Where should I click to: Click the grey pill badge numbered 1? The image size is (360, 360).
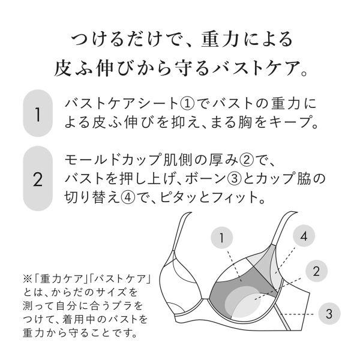coord(38,113)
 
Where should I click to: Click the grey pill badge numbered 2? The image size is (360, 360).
coord(38,179)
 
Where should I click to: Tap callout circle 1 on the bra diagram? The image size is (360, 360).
coord(222,239)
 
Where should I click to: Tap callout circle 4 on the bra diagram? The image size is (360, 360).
coord(304,236)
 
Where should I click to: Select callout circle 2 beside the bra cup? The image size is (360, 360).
coord(316,271)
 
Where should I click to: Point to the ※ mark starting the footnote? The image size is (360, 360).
coord(26,280)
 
